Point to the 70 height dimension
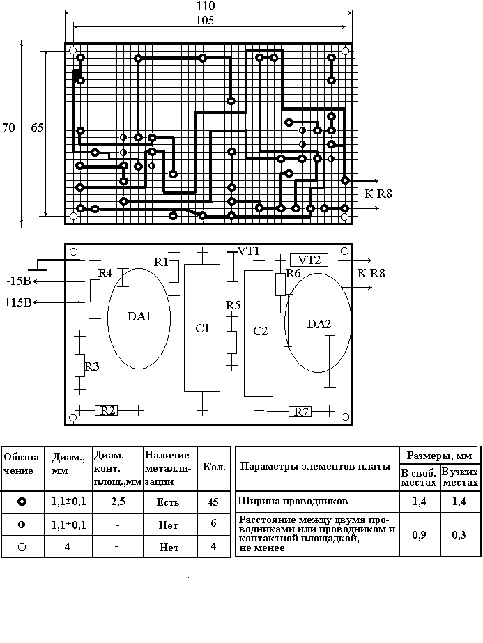(x=9, y=127)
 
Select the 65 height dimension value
(x=37, y=127)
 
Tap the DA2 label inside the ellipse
(x=319, y=325)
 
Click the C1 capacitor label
(x=202, y=328)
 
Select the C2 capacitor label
(x=260, y=330)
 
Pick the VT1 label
(x=249, y=251)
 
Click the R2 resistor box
(x=107, y=410)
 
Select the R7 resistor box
(x=301, y=412)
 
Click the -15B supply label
(x=17, y=281)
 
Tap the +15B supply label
(x=17, y=302)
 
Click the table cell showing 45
(x=213, y=502)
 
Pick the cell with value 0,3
(x=459, y=534)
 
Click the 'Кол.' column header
(x=213, y=467)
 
